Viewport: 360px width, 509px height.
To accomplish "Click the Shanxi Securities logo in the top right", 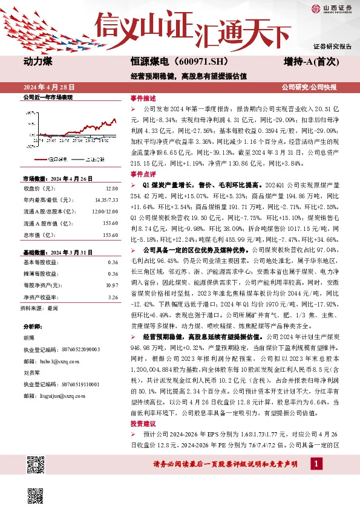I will [332, 8].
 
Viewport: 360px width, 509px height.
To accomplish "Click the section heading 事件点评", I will [143, 173].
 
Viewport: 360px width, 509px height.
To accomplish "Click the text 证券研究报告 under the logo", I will [332, 46].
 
